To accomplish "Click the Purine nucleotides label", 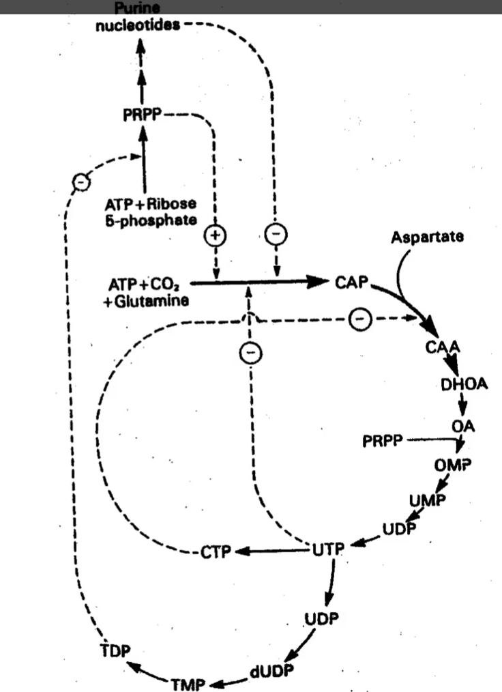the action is click(x=138, y=17).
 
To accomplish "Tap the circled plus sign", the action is click(x=216, y=235).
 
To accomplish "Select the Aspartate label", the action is click(x=427, y=237).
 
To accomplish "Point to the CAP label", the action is click(x=351, y=282).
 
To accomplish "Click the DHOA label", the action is click(x=464, y=384).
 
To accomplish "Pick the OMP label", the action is click(x=453, y=465).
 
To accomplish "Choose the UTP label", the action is click(x=328, y=549).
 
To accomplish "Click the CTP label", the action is click(x=216, y=551).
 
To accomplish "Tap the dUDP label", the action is click(x=271, y=672).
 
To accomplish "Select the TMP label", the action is click(x=188, y=684).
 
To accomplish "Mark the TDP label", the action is click(x=115, y=650).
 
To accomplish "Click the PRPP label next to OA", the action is click(x=383, y=440).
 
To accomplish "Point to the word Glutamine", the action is click(x=151, y=301).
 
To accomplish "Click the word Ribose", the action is click(x=171, y=204).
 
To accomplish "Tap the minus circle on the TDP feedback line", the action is click(x=81, y=182).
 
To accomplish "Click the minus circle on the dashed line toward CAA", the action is click(x=360, y=319).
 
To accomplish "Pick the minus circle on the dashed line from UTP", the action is click(x=250, y=353).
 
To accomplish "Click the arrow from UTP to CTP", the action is click(x=274, y=551).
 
